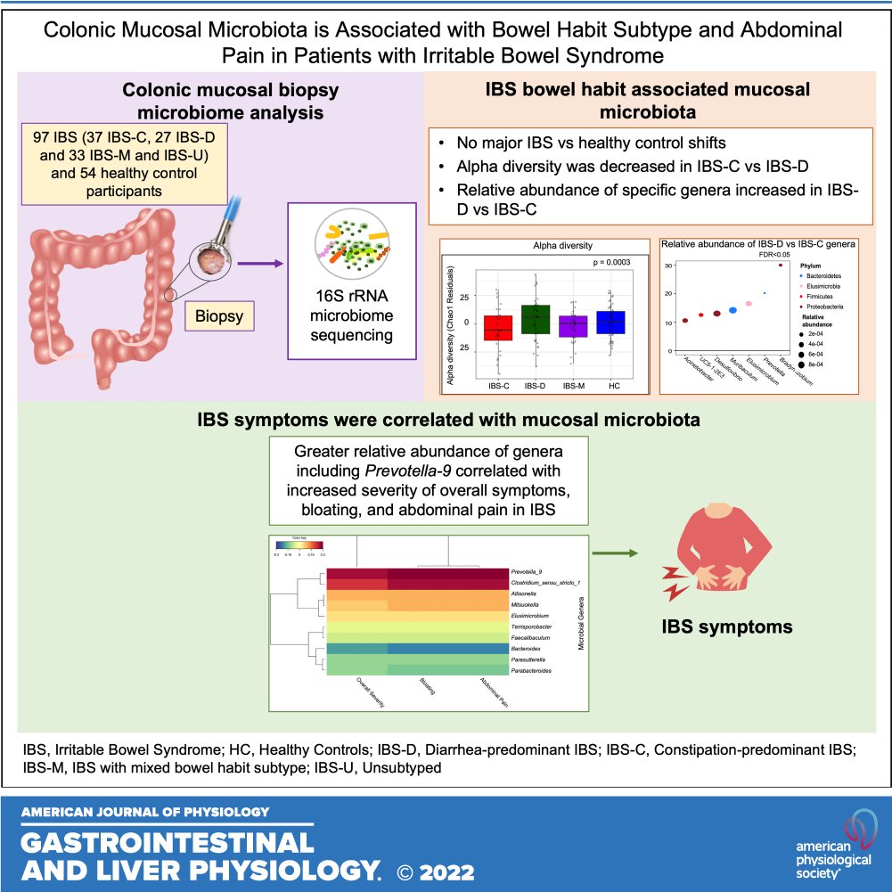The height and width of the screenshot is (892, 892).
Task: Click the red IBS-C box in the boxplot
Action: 497,328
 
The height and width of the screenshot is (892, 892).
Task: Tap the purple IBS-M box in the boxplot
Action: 572,325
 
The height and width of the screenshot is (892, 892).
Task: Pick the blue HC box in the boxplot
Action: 610,322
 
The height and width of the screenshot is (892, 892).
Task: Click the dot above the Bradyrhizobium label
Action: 781,265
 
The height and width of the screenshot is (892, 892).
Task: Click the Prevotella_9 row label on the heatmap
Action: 529,571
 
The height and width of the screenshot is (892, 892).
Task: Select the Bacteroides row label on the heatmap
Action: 527,647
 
